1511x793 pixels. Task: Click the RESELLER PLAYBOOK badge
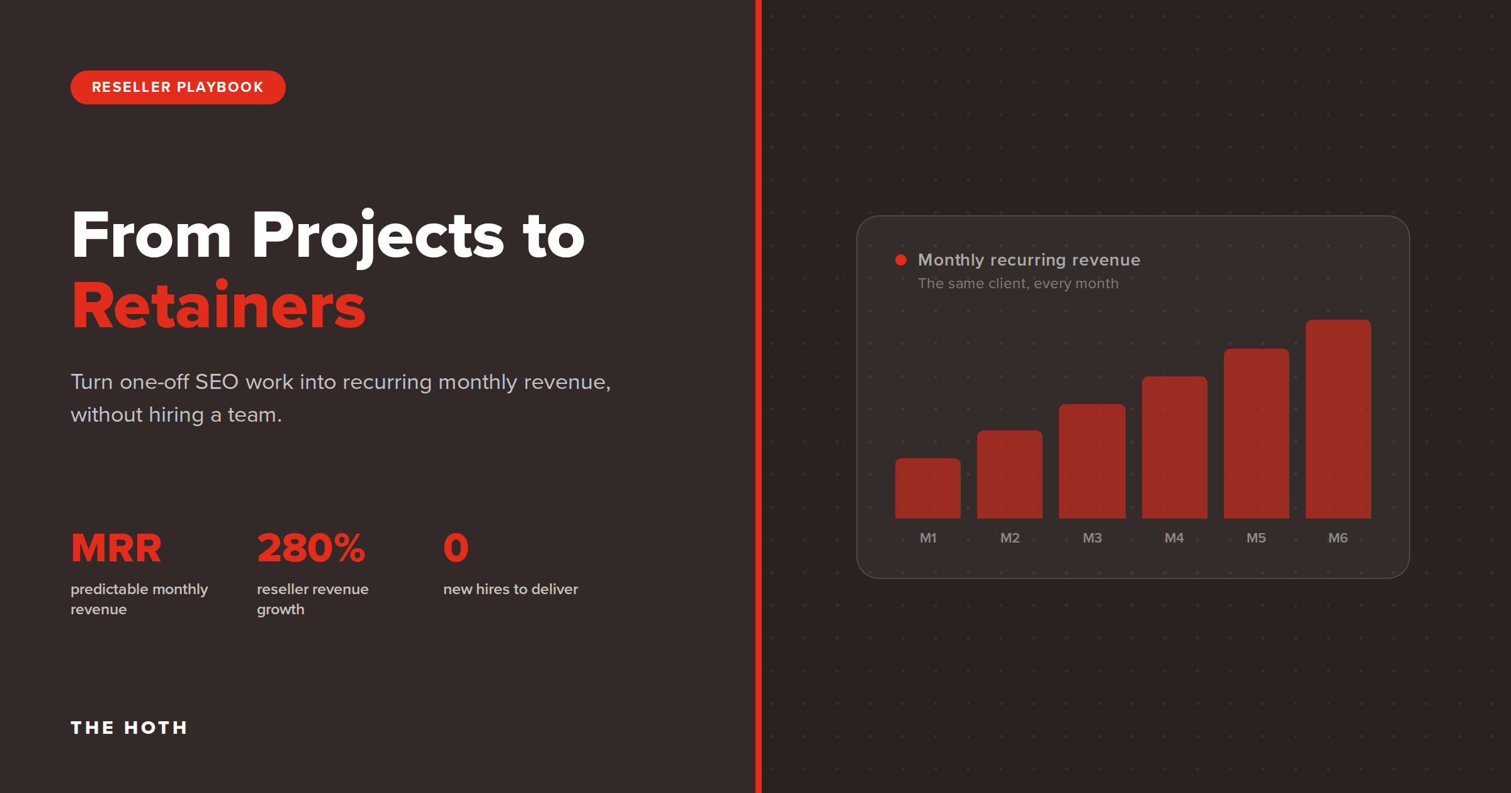pos(178,87)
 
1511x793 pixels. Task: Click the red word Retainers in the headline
pos(218,306)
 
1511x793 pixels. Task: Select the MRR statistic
pos(116,548)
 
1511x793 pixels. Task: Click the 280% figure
pos(311,548)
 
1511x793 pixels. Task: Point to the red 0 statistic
pos(456,548)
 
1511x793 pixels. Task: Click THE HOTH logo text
pos(129,728)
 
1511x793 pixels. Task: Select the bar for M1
pos(928,488)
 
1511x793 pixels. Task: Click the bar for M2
pos(1010,475)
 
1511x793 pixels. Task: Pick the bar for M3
pos(1092,461)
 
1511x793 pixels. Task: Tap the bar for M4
pos(1175,447)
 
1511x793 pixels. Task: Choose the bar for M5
pos(1257,434)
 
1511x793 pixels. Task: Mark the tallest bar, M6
pos(1338,419)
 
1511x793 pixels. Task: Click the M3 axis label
pos(1092,538)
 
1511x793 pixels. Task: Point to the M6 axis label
pos(1338,538)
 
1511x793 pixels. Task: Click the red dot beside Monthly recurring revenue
pos(901,260)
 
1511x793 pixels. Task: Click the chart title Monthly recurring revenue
pos(1029,260)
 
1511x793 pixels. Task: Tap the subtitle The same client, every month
pos(1018,284)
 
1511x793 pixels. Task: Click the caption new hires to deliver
pos(511,589)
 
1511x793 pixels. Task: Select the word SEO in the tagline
pos(217,382)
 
